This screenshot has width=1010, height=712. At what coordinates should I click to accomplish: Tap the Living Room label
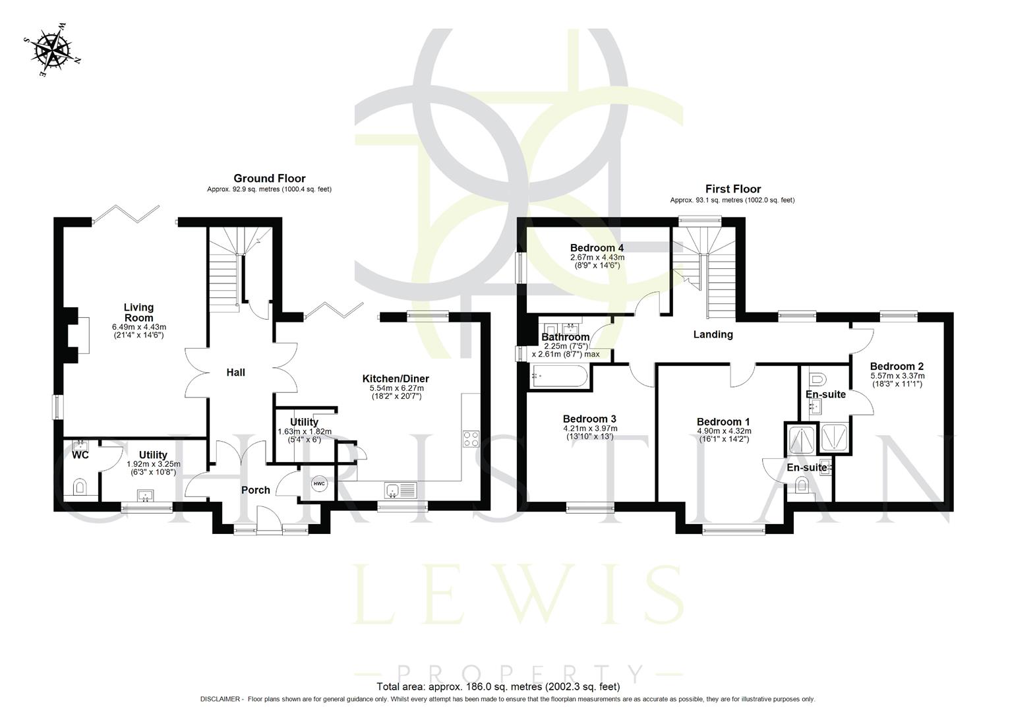pos(138,312)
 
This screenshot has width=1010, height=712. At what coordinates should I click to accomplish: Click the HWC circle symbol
pos(319,484)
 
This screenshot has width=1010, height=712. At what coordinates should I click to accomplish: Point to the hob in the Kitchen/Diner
pos(471,439)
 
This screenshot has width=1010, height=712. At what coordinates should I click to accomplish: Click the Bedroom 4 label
pos(597,248)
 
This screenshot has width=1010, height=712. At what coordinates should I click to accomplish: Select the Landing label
pos(713,334)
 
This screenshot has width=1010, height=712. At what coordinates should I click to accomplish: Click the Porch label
pos(255,490)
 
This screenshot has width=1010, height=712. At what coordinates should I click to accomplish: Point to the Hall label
pos(235,372)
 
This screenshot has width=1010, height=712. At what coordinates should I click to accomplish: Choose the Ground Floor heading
pos(269,178)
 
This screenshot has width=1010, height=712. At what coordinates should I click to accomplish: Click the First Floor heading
pos(732,189)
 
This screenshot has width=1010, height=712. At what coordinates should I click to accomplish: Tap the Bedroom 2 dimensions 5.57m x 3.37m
pos(897,376)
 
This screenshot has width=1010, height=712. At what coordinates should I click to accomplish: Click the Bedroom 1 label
pos(723,422)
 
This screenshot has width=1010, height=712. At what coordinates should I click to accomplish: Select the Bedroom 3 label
pos(589,419)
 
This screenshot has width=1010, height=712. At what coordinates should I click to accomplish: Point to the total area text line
pos(498,686)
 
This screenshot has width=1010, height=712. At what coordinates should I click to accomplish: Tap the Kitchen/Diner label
pos(396,378)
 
